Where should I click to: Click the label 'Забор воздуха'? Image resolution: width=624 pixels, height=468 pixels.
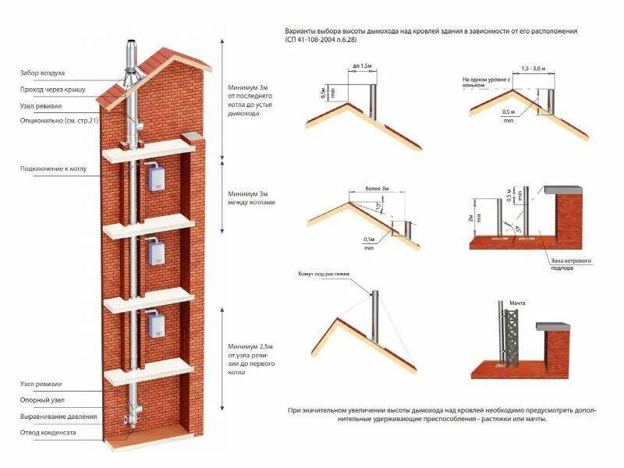point(42,73)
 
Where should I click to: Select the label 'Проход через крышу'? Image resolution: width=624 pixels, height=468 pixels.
point(53,90)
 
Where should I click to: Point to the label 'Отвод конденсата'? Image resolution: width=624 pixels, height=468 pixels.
point(48,432)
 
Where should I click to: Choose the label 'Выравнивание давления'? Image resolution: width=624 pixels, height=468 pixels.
point(59,417)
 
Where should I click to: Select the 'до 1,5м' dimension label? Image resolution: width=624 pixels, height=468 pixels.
point(361,65)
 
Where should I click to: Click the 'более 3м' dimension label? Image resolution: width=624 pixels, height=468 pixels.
point(376,189)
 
